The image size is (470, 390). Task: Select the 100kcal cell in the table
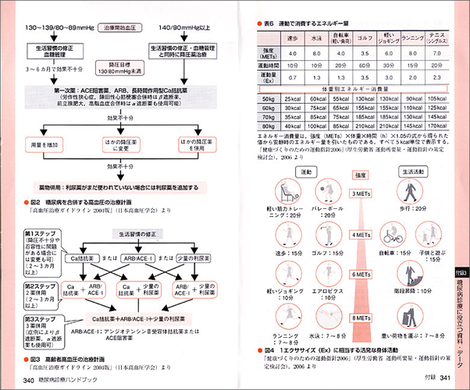[315, 125]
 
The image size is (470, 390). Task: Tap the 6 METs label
[360, 275]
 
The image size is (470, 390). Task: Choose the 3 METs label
[360, 193]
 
